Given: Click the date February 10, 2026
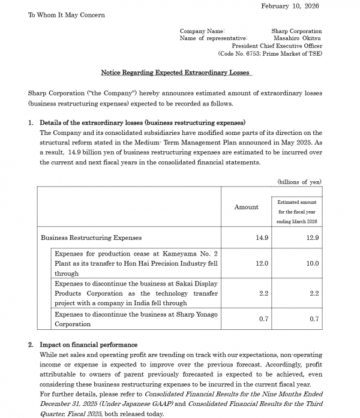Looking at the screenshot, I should pos(290,6).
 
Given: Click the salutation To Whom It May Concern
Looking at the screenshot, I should pos(66,15).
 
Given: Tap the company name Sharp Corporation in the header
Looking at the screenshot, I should pos(296,31).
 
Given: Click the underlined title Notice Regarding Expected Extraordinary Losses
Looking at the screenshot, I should pos(176,73).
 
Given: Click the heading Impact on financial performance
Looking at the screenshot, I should pos(88,345).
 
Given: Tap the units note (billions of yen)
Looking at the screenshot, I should pos(299,182).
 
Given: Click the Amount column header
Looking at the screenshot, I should pos(247,207).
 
